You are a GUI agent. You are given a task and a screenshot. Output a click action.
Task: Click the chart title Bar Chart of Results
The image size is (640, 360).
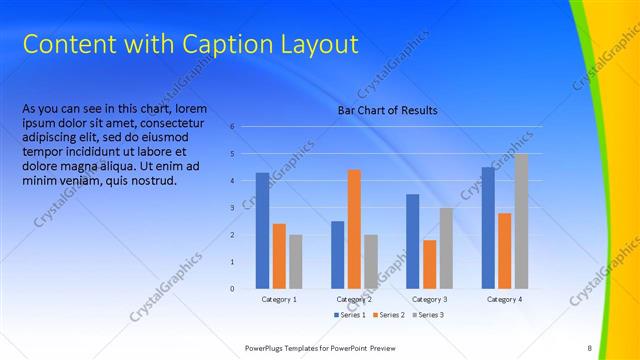click(387, 110)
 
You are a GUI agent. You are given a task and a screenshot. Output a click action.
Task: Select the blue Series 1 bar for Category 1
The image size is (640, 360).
click(262, 230)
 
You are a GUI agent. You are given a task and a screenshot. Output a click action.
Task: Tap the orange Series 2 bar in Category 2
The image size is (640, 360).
click(354, 229)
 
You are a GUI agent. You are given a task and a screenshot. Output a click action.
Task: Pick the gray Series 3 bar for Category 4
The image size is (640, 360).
click(521, 221)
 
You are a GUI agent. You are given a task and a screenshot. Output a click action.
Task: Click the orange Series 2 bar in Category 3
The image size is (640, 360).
click(430, 264)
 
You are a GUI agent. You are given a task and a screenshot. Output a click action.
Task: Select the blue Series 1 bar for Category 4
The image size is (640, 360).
click(488, 228)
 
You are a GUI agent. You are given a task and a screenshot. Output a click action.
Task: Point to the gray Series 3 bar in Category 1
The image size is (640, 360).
click(295, 261)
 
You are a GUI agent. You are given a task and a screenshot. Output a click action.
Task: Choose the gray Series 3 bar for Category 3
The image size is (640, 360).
click(446, 248)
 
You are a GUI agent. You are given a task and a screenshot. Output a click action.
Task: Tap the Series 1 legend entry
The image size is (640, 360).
click(351, 315)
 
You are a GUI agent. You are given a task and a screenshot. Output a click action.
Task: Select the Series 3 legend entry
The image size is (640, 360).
click(427, 315)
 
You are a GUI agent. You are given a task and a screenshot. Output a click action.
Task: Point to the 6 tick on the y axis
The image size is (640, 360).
click(232, 127)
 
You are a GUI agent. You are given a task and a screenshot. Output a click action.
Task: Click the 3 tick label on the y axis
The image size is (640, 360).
click(232, 208)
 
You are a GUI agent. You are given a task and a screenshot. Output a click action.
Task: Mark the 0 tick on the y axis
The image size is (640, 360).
click(232, 289)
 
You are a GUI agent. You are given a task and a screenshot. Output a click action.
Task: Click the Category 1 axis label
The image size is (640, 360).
click(279, 300)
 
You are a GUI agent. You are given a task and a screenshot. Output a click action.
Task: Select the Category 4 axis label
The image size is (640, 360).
click(504, 300)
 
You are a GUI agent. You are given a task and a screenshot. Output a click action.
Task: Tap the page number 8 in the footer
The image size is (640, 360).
click(590, 347)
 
